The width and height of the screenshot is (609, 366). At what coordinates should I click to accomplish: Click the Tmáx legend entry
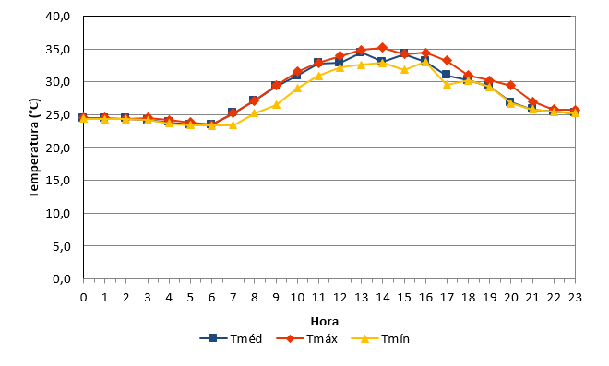click(307, 339)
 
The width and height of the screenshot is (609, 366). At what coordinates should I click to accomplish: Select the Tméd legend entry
click(231, 339)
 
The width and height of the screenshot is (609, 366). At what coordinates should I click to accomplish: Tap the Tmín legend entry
click(380, 339)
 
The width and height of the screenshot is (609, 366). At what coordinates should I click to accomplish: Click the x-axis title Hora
click(325, 322)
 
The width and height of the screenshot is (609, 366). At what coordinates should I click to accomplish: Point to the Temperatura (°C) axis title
click(34, 148)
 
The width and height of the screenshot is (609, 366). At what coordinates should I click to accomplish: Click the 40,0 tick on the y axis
click(58, 17)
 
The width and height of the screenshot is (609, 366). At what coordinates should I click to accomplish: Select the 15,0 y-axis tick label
click(58, 181)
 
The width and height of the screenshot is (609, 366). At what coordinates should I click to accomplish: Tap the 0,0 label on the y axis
click(62, 278)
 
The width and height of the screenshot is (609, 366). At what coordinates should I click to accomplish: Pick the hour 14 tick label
click(383, 297)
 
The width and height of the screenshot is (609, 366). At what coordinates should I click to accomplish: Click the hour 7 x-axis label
click(233, 297)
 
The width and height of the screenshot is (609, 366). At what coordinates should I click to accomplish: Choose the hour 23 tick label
click(575, 297)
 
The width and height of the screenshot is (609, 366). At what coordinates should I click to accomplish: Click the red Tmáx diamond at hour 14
click(383, 48)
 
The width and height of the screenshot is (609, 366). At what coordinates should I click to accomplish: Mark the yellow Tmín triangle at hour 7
click(233, 125)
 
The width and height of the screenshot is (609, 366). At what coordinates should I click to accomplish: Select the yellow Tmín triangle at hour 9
click(276, 105)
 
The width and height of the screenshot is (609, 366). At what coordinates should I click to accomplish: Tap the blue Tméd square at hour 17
click(446, 74)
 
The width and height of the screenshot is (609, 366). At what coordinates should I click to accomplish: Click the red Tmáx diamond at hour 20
click(511, 86)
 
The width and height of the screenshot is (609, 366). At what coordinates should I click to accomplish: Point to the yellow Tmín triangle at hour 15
click(404, 70)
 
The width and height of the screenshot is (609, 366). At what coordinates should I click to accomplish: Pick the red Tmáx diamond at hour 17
click(447, 60)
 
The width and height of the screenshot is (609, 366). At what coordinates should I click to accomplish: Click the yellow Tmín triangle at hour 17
click(447, 84)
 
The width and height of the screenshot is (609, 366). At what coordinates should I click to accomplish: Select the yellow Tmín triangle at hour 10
click(297, 89)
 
